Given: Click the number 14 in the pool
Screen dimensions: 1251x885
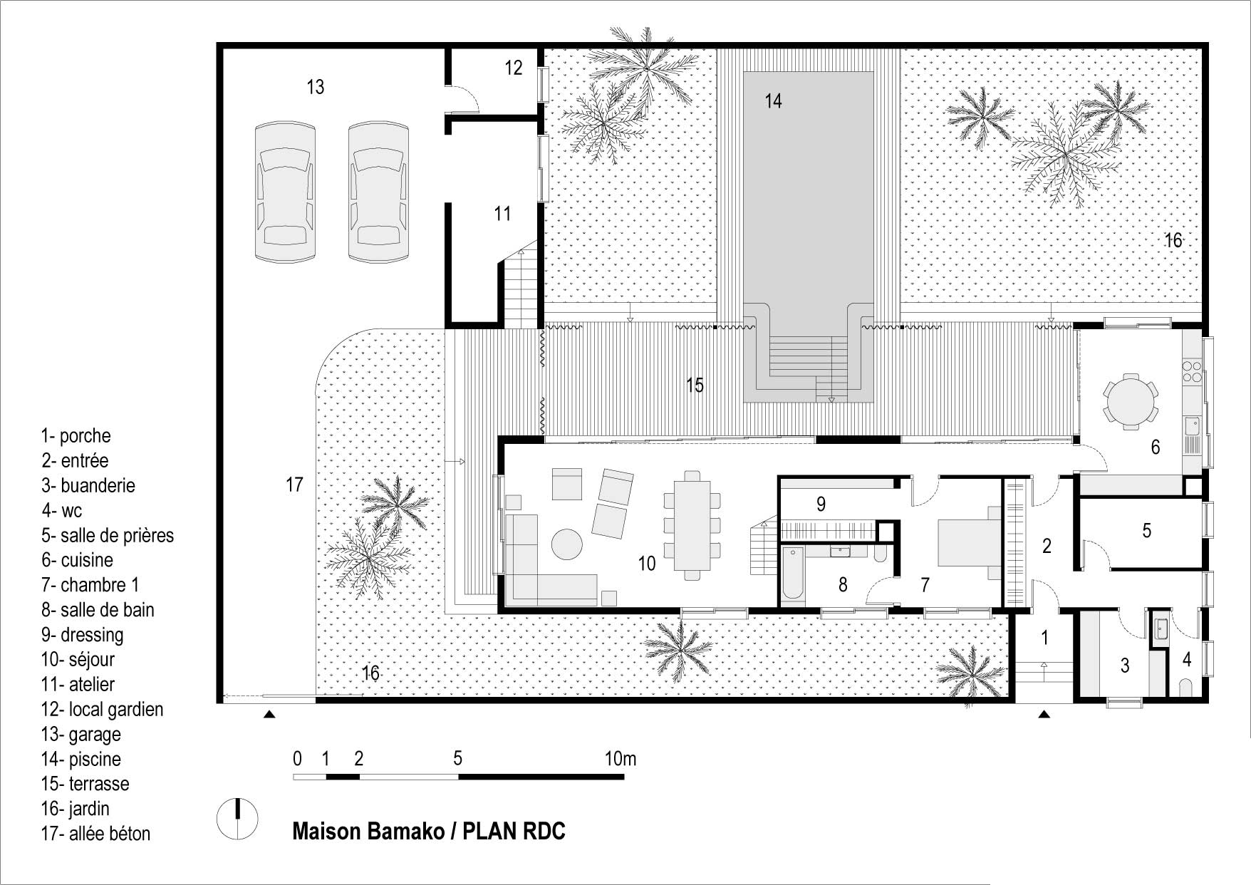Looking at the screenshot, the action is [x=773, y=101].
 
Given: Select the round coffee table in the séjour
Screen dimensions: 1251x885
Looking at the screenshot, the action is [x=568, y=545].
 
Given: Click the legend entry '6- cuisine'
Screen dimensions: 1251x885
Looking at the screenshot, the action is [x=77, y=560].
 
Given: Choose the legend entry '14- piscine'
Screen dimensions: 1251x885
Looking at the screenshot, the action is [x=81, y=759].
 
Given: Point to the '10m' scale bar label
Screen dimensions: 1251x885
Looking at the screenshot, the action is [x=620, y=759].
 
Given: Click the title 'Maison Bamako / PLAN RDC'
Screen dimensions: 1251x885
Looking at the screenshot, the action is [x=429, y=832].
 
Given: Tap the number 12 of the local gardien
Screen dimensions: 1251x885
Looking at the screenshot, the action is [x=513, y=68].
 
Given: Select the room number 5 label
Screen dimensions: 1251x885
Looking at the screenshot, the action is [x=1146, y=530].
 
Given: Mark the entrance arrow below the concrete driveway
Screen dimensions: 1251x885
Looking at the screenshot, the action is [x=269, y=714].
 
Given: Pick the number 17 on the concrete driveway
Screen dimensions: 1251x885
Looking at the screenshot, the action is [x=294, y=485].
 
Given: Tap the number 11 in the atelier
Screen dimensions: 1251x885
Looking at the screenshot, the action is [x=502, y=213].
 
